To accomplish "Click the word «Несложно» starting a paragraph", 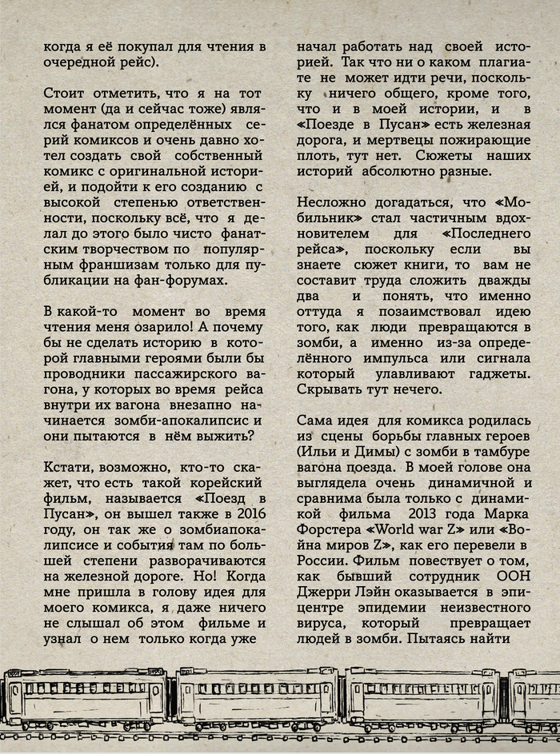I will click(x=330, y=201).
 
